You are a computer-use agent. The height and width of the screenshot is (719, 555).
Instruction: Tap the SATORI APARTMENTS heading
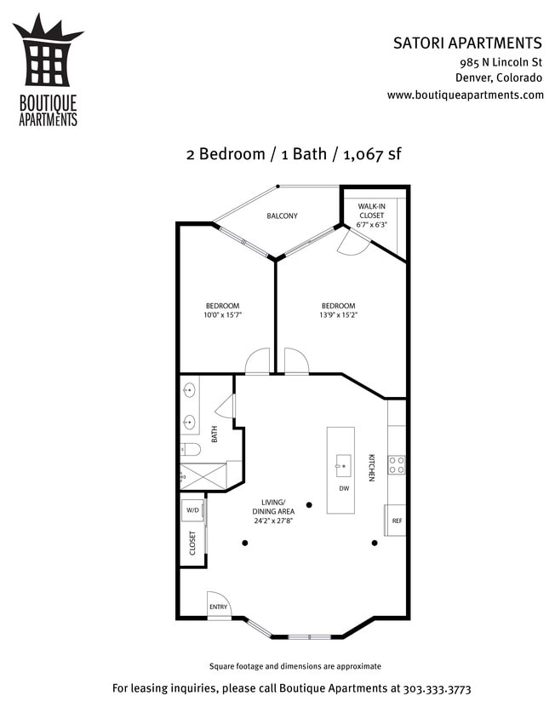tap(467, 43)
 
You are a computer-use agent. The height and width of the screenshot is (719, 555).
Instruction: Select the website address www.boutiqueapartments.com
tap(465, 95)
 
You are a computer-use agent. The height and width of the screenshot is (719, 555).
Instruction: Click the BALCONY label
tap(282, 216)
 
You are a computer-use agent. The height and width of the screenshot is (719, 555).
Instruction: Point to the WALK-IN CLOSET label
tap(372, 216)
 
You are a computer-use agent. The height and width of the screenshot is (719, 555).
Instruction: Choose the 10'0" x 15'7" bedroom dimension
tap(222, 316)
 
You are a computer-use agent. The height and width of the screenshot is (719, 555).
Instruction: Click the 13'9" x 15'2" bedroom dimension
tap(338, 316)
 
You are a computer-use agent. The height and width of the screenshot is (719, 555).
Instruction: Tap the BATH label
tap(215, 434)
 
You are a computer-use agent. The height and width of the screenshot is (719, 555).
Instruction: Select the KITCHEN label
tap(371, 468)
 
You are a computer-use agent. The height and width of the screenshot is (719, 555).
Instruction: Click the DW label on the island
tap(344, 489)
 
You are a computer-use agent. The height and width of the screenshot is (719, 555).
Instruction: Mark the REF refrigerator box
tap(397, 520)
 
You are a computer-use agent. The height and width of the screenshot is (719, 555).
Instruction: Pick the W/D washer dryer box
tap(192, 510)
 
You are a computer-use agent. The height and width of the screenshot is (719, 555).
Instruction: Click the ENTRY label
tap(219, 607)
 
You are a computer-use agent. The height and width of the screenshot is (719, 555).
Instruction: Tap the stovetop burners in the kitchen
tap(397, 464)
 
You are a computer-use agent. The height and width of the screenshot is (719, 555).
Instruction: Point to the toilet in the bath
tap(190, 449)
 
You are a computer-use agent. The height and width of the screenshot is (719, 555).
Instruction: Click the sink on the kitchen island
tap(343, 463)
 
